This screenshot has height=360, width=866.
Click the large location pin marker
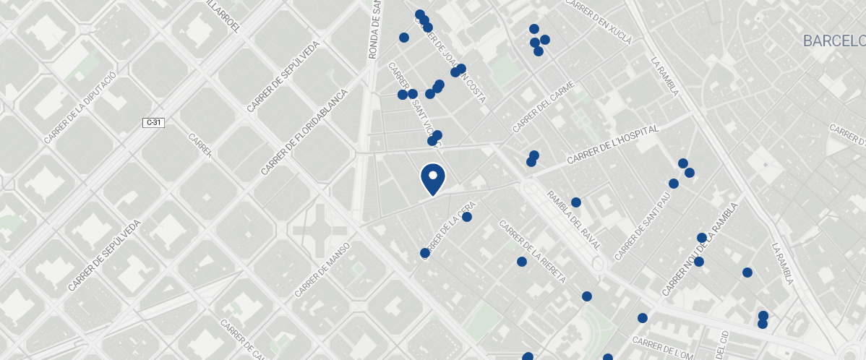click(x=432, y=178)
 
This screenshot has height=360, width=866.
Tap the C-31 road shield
click(x=154, y=123)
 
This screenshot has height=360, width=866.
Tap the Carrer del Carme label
click(x=543, y=107)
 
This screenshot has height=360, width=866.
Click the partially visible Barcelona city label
click(x=834, y=40)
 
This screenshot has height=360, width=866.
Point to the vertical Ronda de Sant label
click(x=374, y=29)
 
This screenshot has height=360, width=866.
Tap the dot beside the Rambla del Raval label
click(x=576, y=202)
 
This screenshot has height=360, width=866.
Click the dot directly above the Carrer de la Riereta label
click(x=521, y=262)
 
